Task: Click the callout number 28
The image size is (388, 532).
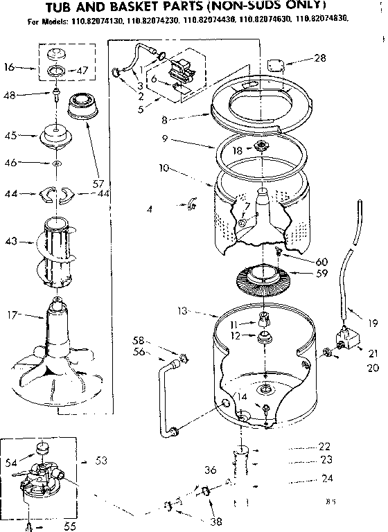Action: [x=319, y=59]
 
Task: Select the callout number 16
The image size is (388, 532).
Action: [x=10, y=68]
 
